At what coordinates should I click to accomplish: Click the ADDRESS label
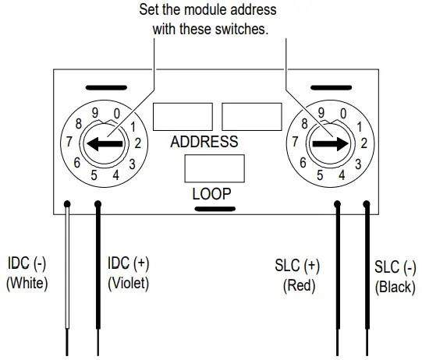click(204, 142)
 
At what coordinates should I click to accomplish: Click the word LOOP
click(211, 193)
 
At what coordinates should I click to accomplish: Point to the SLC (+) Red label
click(298, 275)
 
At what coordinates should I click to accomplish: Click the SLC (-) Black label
click(395, 277)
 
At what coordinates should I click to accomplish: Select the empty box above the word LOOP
click(214, 169)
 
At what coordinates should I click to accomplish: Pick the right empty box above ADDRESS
click(251, 116)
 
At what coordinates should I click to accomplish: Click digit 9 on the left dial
click(95, 111)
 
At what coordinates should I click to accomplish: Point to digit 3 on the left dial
click(133, 164)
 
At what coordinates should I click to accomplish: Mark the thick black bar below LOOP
click(211, 208)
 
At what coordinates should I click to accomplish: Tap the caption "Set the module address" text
click(207, 11)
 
